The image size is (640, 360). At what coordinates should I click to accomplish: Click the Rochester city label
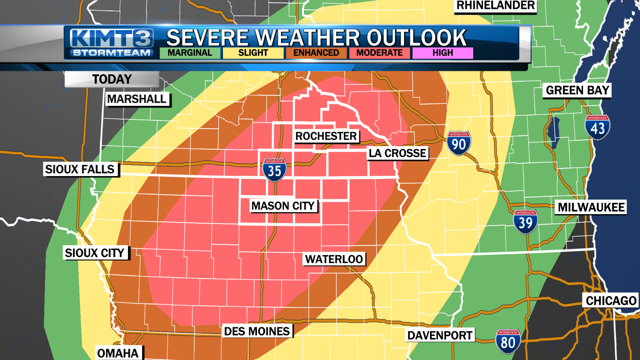pos(326,136)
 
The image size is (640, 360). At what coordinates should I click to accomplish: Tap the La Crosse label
pos(397,153)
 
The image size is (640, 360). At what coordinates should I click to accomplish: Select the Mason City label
pos(283,206)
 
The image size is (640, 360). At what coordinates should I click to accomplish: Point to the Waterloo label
pos(334,259)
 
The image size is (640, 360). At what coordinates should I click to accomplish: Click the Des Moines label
pos(257,331)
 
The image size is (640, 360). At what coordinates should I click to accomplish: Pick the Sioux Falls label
pos(80,169)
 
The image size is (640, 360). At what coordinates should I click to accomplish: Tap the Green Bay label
pos(577,90)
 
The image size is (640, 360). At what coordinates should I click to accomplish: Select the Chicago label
pos(611,301)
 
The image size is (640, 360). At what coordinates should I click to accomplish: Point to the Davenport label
pos(440,335)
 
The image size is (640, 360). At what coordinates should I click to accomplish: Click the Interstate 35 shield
pos(274,170)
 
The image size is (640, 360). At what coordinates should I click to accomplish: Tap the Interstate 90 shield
pos(459,143)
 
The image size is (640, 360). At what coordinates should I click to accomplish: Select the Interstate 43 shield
pos(597,127)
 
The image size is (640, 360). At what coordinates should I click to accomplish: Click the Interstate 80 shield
pos(508,341)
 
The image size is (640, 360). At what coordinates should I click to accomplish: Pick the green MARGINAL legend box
pos(190,53)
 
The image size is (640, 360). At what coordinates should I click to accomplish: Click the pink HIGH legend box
pos(443,53)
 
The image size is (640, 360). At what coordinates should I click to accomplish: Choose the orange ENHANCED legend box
pos(316,53)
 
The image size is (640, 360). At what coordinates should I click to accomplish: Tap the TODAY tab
pos(112,79)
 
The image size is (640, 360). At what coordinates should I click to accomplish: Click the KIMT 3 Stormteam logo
pos(112,43)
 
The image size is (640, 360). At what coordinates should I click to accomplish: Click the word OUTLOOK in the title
pos(416,38)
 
